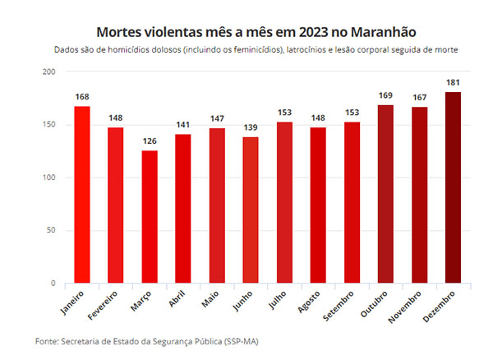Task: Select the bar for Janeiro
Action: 81,195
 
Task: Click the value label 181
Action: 453,83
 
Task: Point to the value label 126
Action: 149,141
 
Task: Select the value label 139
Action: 251,127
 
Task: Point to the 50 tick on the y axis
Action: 50,231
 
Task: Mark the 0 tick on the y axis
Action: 53,284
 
